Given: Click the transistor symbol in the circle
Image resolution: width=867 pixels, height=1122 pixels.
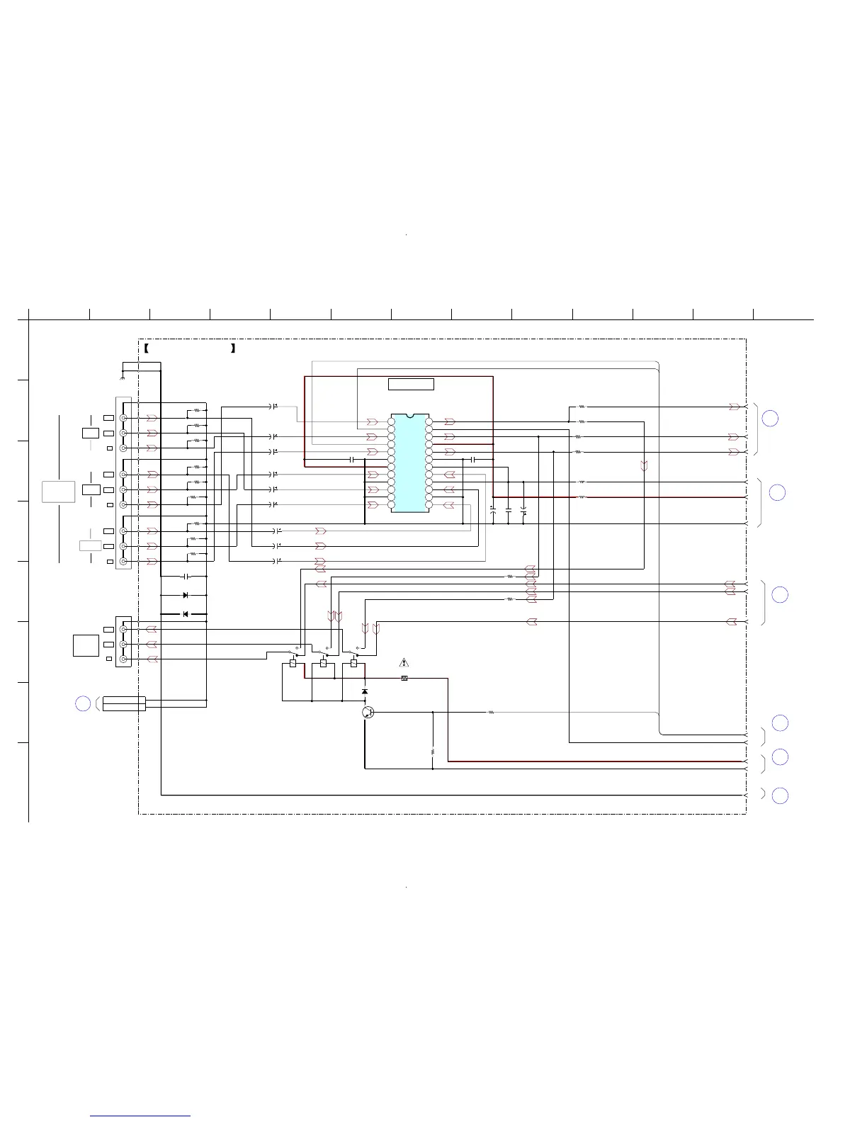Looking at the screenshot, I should [x=368, y=712].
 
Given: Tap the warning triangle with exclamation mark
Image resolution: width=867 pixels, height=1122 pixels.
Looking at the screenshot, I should [x=404, y=663].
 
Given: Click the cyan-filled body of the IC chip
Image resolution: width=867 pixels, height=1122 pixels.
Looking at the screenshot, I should [x=410, y=462].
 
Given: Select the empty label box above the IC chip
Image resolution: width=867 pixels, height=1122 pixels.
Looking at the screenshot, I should [x=411, y=385].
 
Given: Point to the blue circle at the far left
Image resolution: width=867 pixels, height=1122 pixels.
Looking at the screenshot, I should [x=83, y=703].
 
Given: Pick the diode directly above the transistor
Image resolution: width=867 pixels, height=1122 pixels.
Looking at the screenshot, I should [x=365, y=691].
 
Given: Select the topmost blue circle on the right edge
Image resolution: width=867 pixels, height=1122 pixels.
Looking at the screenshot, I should [x=770, y=418].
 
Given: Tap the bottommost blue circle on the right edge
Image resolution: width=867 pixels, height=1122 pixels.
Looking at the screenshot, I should [x=780, y=795].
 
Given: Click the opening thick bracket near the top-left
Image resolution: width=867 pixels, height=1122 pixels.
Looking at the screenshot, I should [x=145, y=348].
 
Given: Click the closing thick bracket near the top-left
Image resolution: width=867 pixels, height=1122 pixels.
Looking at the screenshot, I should [x=232, y=348].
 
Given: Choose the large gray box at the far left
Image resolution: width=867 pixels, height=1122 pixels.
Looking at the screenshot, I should [x=58, y=491].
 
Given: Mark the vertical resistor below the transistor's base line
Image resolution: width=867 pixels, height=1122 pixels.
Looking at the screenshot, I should [x=432, y=752].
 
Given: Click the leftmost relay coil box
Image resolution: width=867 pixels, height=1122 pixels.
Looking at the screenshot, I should [x=293, y=664].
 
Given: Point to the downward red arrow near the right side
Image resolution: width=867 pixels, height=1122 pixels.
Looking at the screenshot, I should [x=644, y=466].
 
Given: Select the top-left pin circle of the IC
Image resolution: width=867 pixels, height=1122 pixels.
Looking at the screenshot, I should [x=391, y=421].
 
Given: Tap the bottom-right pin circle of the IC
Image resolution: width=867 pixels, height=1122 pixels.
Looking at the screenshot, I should [x=429, y=505].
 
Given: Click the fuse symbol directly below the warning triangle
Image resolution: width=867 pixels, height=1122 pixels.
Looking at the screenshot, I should [x=404, y=679].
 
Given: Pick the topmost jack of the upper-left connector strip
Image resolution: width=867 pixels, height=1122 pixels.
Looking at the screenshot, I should [x=124, y=418].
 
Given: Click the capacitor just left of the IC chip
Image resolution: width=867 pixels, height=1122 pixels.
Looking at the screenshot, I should [x=352, y=460].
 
